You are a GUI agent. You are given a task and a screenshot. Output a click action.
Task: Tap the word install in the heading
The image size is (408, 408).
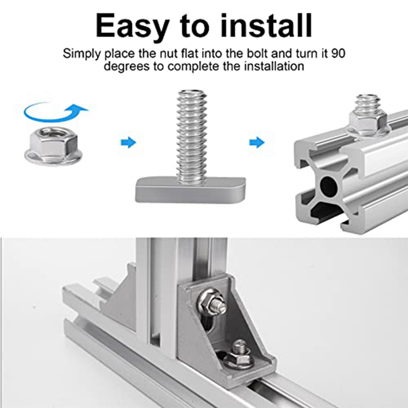pyautogui.click(x=266, y=25)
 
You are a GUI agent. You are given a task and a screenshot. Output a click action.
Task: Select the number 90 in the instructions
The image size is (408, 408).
pyautogui.click(x=338, y=54)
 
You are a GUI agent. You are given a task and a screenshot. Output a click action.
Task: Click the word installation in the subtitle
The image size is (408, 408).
pyautogui.click(x=274, y=66)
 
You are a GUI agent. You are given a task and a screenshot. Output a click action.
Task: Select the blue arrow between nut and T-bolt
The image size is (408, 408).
pyautogui.click(x=129, y=143)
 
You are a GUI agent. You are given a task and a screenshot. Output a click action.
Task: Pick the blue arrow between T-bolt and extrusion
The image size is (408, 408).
pyautogui.click(x=257, y=143)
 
